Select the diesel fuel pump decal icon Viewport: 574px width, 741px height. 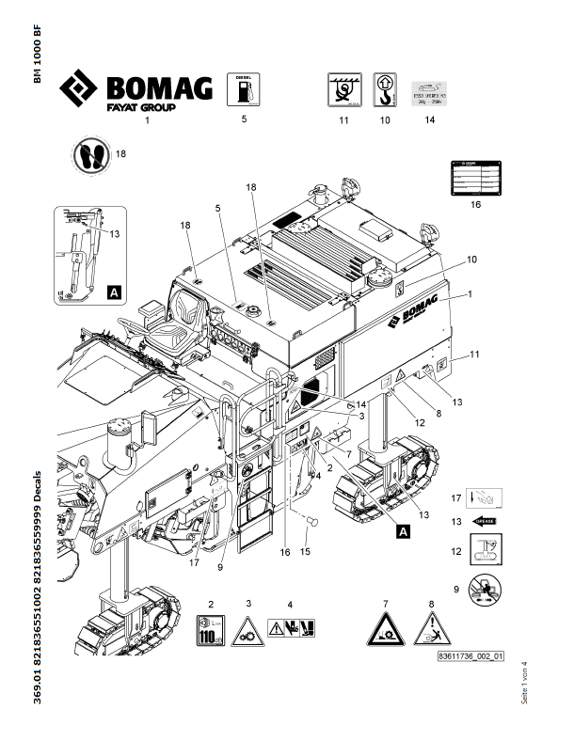tap(244, 90)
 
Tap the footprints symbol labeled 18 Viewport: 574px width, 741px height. tap(89, 156)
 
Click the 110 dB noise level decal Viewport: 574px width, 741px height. tap(212, 625)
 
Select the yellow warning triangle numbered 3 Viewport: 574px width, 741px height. tap(247, 626)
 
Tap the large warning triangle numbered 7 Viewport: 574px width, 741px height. tap(386, 627)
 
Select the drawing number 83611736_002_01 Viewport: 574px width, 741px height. tap(470, 657)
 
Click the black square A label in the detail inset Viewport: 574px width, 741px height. tap(114, 292)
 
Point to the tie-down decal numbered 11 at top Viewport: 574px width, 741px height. tap(343, 89)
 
